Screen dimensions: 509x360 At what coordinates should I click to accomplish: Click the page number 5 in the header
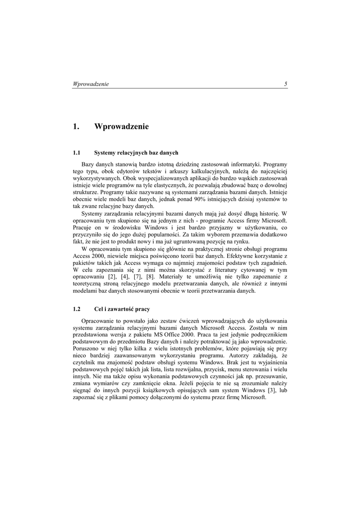pyautogui.click(x=286, y=84)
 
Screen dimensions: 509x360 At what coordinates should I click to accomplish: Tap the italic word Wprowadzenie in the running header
pyautogui.click(x=91, y=84)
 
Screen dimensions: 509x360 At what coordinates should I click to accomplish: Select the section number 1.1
pyautogui.click(x=77, y=153)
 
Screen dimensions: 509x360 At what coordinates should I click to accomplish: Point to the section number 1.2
pyautogui.click(x=77, y=309)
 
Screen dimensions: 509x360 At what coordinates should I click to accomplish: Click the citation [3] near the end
pyautogui.click(x=270, y=391)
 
